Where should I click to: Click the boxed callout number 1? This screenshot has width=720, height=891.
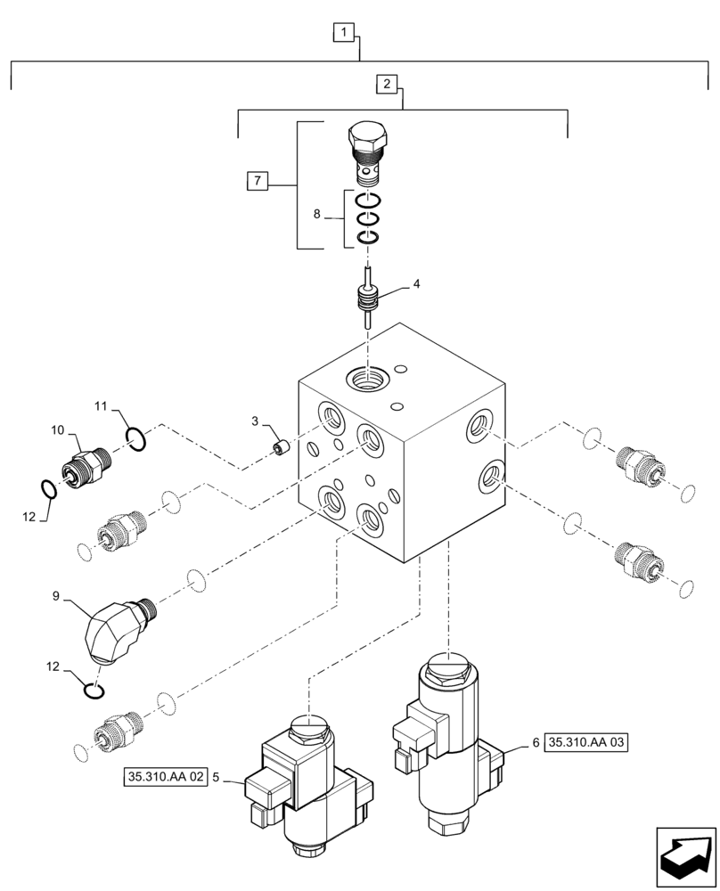(345, 33)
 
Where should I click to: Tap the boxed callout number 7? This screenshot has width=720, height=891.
(256, 181)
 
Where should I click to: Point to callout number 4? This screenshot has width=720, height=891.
(415, 286)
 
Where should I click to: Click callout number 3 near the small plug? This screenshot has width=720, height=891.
(255, 420)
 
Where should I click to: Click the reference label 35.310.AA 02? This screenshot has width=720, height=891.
(165, 776)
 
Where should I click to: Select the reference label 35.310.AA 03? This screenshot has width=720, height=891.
(586, 740)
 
